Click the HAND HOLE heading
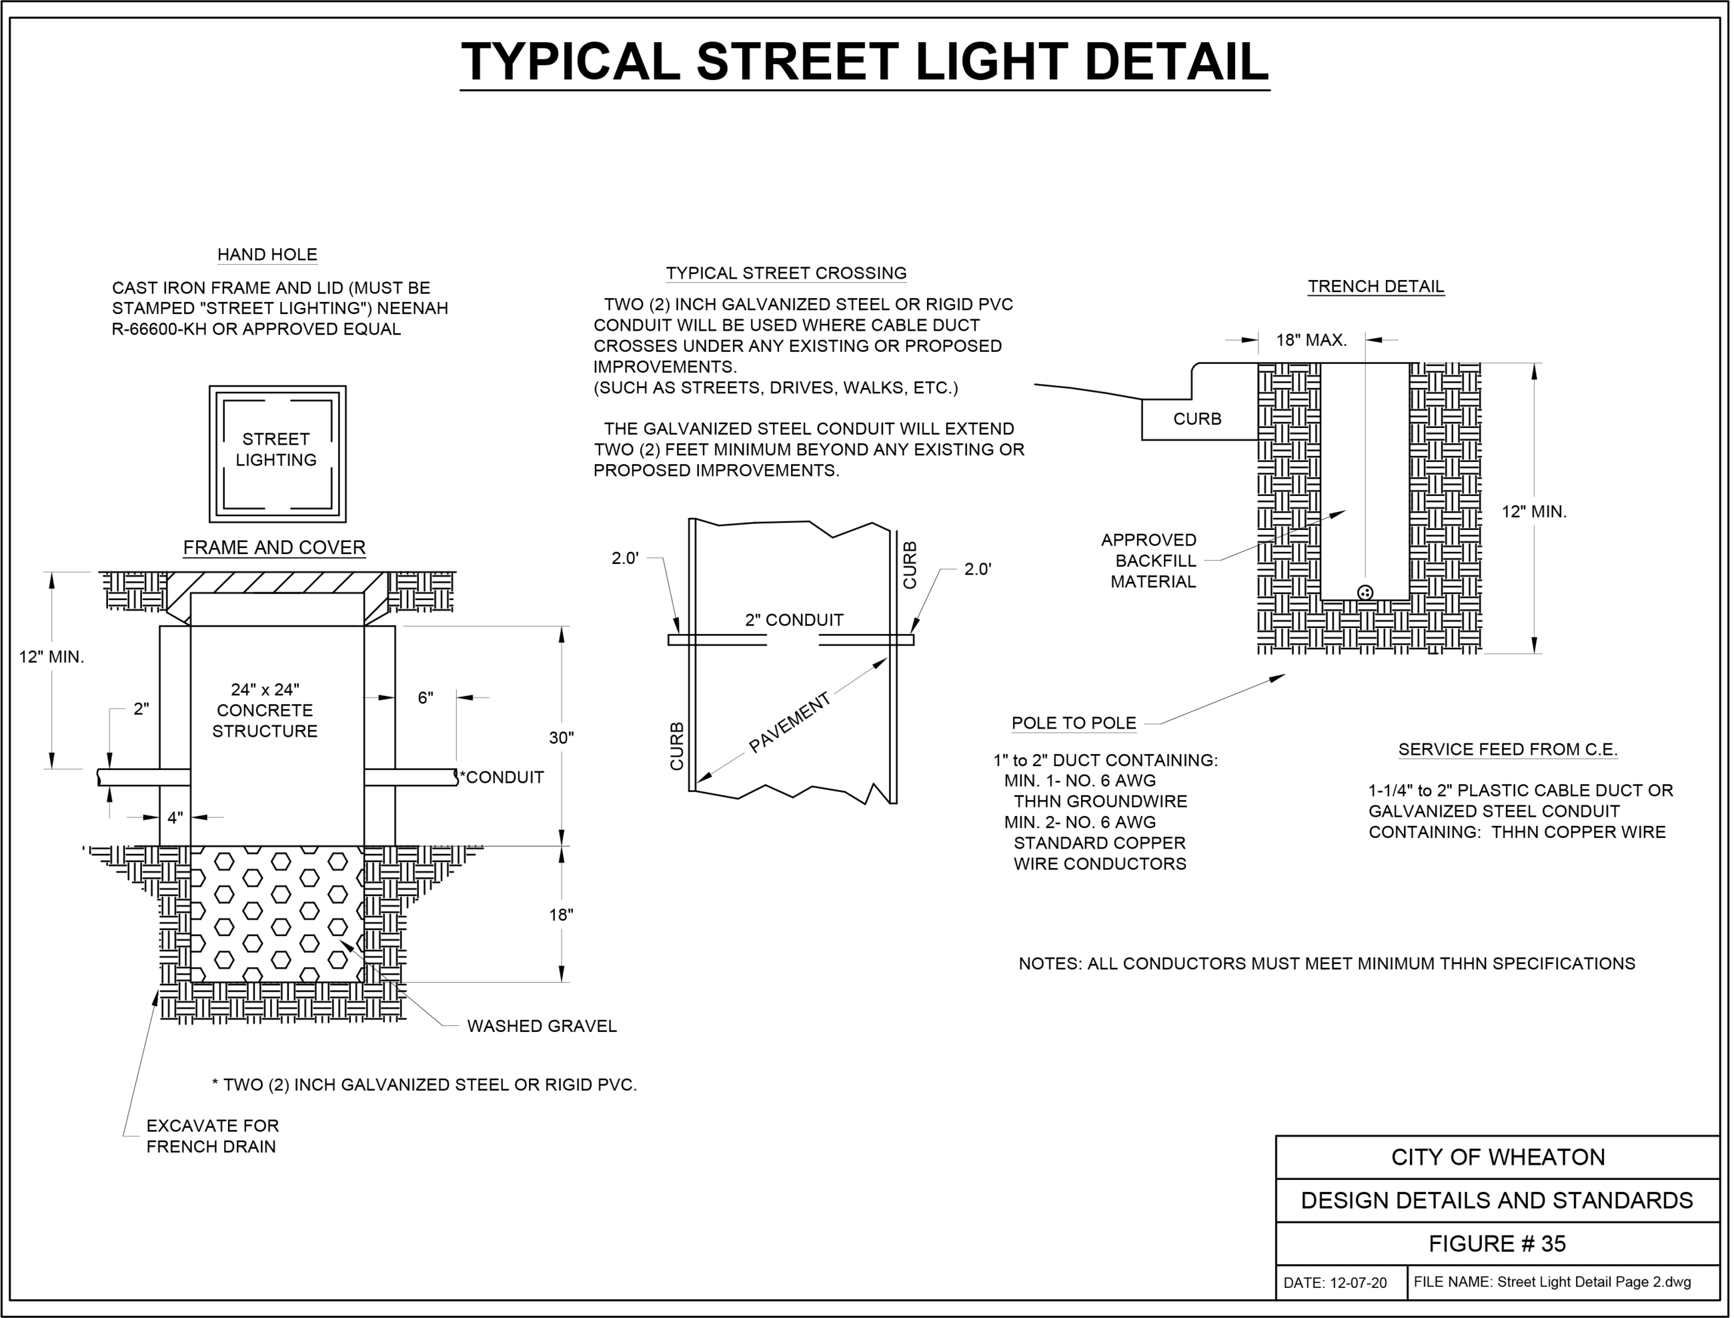[x=267, y=255]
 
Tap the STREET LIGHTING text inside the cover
[x=276, y=449]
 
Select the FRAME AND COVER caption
[x=274, y=547]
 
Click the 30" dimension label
[x=561, y=737]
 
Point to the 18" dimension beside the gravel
[x=561, y=915]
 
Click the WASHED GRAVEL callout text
[x=542, y=1026]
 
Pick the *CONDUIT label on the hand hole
[x=502, y=777]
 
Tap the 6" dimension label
[x=425, y=698]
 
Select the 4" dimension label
[x=175, y=818]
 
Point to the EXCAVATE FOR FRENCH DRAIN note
[x=212, y=1136]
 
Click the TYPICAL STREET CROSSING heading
[x=786, y=273]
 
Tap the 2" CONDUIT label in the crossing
[x=794, y=620]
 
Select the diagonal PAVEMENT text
[x=790, y=723]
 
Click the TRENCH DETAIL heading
[x=1375, y=287]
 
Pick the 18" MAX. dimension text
[x=1311, y=341]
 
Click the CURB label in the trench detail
[x=1197, y=419]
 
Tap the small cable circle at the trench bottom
[x=1365, y=593]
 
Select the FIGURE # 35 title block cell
[x=1497, y=1243]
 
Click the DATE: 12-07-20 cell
[x=1335, y=1283]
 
